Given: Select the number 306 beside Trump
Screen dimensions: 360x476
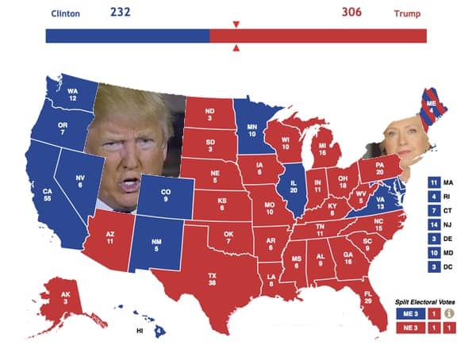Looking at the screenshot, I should coord(351,13).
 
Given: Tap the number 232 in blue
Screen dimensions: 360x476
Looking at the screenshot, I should coord(120,12).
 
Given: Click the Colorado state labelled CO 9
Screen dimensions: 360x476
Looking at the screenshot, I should coord(165,194).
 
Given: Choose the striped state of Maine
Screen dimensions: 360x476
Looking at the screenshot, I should coord(431,108).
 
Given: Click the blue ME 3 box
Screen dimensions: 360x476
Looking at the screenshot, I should coord(409,313).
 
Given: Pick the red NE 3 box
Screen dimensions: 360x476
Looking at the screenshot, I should coord(409,327).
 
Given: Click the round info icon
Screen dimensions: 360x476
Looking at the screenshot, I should coord(449,313).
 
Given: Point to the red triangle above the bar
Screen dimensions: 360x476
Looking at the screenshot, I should coord(236,25).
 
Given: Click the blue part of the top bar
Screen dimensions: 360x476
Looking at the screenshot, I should coord(127,36).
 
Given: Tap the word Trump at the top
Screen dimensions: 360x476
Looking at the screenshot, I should coord(407,14).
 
